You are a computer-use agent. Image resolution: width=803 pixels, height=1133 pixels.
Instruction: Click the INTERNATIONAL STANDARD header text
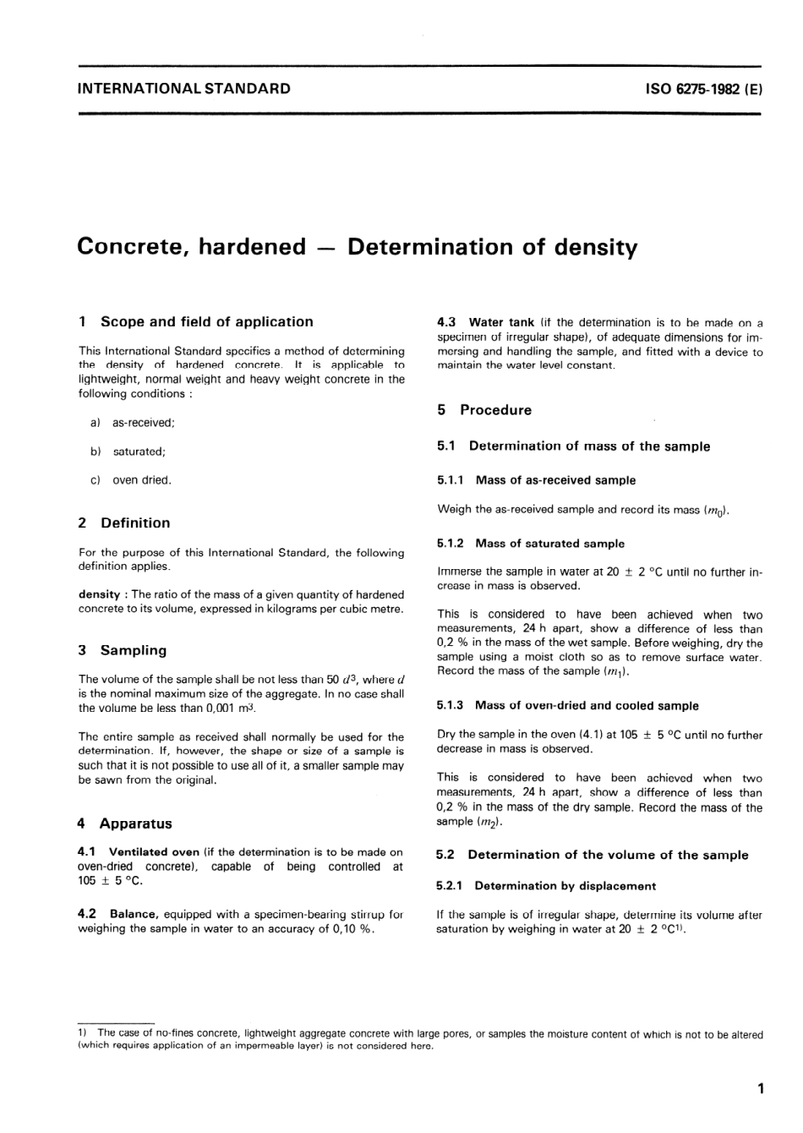[x=183, y=88]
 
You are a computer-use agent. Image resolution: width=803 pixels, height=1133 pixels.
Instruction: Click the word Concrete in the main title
[x=130, y=247]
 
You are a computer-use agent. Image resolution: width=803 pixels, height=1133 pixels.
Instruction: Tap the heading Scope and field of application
[x=206, y=321]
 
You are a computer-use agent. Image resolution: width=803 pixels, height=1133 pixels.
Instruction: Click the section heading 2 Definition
[x=124, y=523]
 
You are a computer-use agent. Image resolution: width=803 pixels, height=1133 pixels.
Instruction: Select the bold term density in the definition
[x=100, y=594]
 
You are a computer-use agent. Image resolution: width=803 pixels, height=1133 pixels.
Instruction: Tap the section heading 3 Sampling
[x=123, y=650]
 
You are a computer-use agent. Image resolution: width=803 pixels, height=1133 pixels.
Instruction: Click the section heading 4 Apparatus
[x=124, y=824]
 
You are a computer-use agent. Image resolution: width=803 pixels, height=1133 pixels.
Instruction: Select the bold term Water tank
[x=501, y=322]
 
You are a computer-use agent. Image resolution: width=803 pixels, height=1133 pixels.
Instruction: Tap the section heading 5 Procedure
[x=485, y=410]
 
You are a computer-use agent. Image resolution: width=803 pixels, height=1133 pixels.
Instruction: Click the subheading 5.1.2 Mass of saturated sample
[x=531, y=544]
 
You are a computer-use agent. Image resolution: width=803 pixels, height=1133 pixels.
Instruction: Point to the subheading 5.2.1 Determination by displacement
[x=546, y=886]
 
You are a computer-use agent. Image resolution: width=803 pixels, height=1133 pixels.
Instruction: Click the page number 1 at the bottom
[x=761, y=1088]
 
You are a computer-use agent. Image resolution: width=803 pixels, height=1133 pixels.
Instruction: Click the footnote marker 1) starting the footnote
[x=83, y=1033]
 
